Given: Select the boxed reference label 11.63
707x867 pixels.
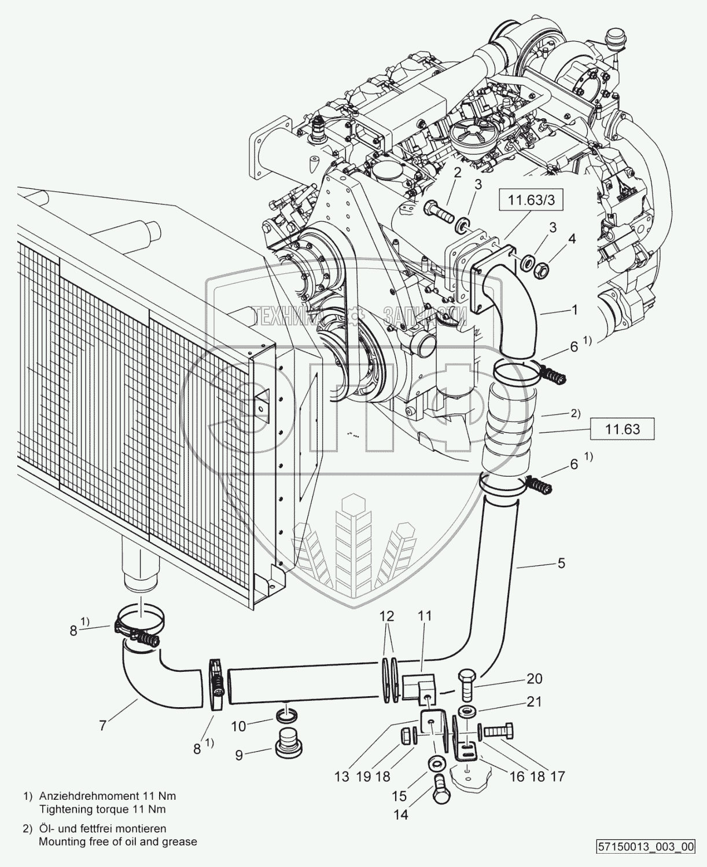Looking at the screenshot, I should (623, 429).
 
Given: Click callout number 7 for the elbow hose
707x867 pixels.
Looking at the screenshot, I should (102, 725).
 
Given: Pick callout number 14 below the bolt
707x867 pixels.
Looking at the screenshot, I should (401, 814).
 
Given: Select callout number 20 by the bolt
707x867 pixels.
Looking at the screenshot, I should (534, 678).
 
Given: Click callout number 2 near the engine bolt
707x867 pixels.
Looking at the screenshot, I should (457, 172).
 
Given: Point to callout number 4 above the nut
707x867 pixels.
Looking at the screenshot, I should (571, 239).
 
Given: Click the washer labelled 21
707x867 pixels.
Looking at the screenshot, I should (466, 710).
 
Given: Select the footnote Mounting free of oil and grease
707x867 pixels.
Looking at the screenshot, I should (118, 841).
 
